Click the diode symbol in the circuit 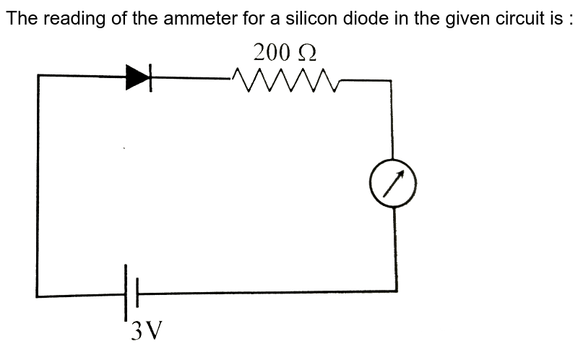click(139, 77)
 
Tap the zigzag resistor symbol click(285, 82)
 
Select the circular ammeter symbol click(394, 183)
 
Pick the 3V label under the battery click(146, 332)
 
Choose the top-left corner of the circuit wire click(38, 74)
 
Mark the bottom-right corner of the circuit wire click(396, 291)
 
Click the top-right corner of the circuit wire click(392, 80)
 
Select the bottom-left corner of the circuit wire click(37, 296)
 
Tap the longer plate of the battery click(126, 293)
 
